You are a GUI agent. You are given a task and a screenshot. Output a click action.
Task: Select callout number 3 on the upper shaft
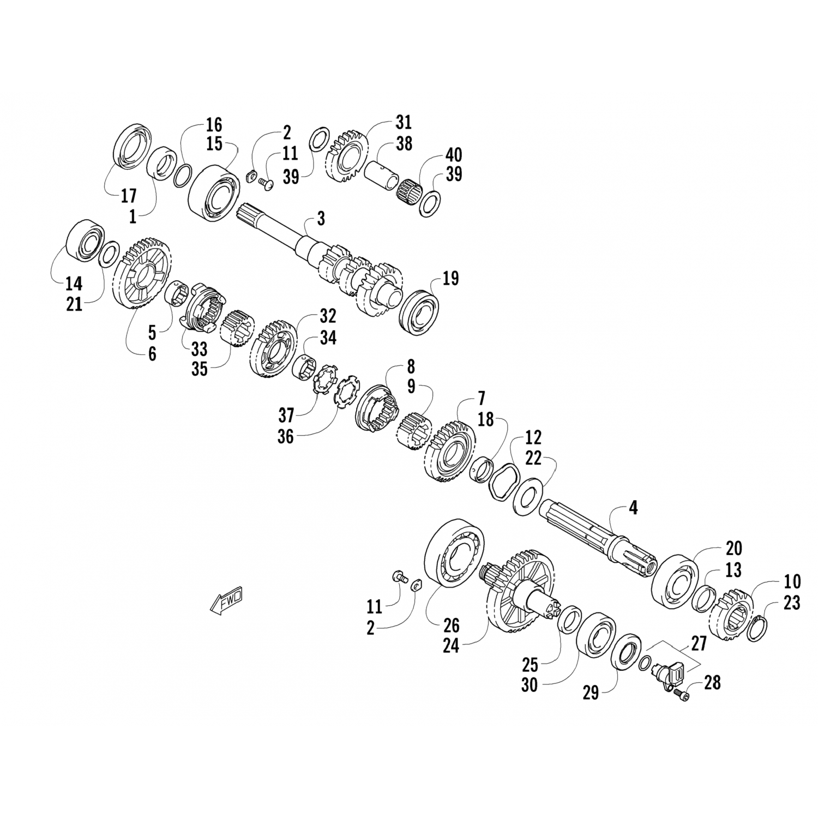[x=321, y=219]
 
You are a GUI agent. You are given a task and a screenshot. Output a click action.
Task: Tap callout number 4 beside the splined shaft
[x=633, y=508]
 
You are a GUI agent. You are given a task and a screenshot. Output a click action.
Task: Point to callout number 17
[x=129, y=195]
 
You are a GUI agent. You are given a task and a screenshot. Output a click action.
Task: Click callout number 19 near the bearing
[x=450, y=279]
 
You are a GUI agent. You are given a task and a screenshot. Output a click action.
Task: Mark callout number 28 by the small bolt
[x=712, y=682]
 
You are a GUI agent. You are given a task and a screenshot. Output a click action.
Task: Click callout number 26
[x=452, y=625]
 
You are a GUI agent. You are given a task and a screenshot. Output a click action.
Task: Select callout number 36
[x=285, y=437]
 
